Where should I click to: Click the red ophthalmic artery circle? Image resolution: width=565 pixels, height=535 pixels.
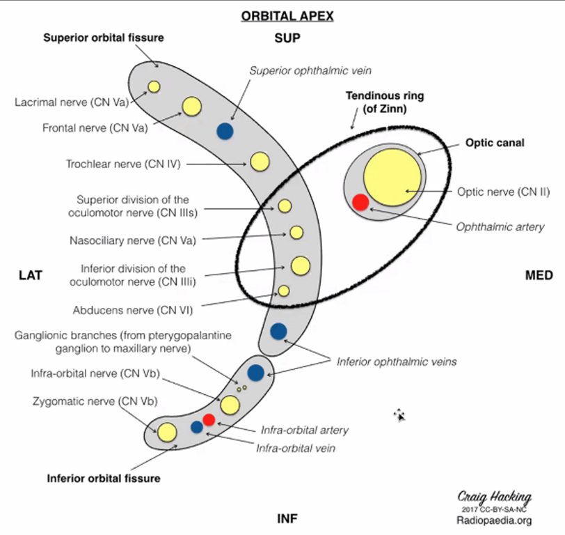pos(360,202)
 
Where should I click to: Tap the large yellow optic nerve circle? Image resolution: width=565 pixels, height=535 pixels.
pos(392,177)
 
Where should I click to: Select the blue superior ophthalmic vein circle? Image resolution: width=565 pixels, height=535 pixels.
pos(224,130)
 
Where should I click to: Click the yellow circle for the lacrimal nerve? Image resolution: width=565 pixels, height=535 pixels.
pos(154,87)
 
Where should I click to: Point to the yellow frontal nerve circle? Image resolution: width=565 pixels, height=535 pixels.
pos(191,107)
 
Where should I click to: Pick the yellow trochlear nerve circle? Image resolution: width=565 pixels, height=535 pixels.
pos(259,162)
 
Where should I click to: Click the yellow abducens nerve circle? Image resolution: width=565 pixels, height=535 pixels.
pos(283,290)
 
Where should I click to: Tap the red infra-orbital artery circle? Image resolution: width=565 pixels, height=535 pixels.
pos(209,419)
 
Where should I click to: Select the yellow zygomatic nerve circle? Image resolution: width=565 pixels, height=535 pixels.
pos(166,432)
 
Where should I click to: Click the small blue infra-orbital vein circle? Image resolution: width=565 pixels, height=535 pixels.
pos(197,426)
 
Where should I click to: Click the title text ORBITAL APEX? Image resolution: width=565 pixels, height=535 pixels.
pos(287,16)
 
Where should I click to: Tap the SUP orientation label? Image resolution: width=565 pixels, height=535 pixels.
pos(287,38)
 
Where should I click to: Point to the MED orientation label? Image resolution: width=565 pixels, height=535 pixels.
pos(539,276)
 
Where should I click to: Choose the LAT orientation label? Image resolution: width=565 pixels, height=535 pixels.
pos(31,276)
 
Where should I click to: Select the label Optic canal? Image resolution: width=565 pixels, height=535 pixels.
pos(495,143)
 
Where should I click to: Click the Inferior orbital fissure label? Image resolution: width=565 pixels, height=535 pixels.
pos(104,479)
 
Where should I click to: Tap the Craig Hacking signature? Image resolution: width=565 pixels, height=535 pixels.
pos(494,497)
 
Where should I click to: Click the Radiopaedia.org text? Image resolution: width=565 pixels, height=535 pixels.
pos(494,520)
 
